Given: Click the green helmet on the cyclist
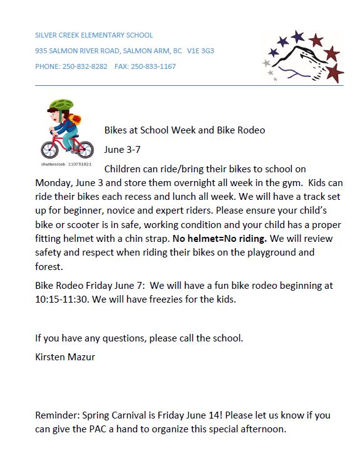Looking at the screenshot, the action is [x=61, y=107].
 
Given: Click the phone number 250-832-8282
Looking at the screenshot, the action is [x=85, y=66].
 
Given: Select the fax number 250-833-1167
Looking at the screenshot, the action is [x=153, y=66].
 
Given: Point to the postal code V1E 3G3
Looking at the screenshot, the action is [x=200, y=51].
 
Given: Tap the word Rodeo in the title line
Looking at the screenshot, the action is [x=250, y=130].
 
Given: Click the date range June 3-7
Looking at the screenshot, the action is [x=122, y=150].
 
